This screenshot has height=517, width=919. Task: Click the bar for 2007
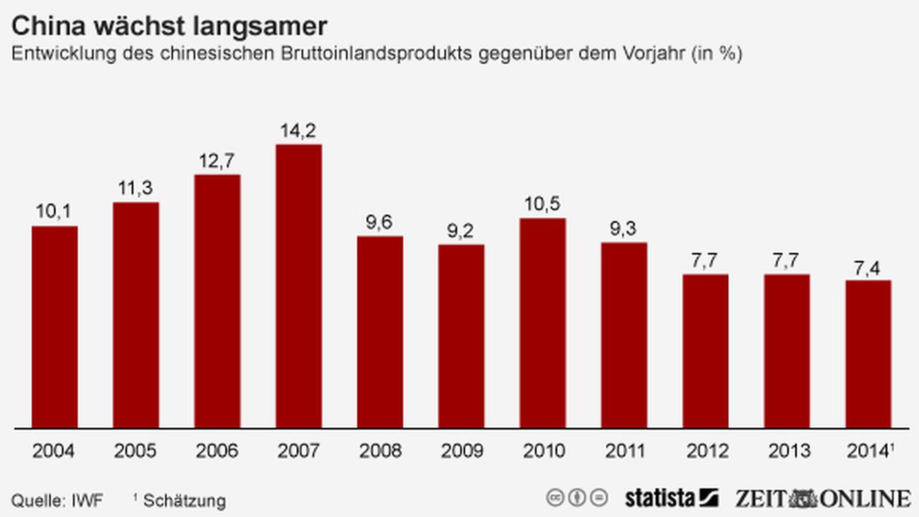298,286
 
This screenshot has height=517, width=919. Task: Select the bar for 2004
54,327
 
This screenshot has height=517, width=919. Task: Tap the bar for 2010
543,323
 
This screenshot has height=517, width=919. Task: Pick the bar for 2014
868,354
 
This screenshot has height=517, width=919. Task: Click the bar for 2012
706,351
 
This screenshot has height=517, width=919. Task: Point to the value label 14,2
298,131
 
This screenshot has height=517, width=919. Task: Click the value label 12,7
217,161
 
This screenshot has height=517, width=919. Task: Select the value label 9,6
380,223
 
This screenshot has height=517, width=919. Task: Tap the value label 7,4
868,267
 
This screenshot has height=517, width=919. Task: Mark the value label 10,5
543,205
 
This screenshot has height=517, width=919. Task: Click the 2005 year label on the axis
135,451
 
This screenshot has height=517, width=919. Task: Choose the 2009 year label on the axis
461,451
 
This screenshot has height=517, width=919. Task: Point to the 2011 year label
624,451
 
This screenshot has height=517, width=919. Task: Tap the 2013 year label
787,451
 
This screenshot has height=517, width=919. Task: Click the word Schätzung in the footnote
185,501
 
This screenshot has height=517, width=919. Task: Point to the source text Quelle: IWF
57,501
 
